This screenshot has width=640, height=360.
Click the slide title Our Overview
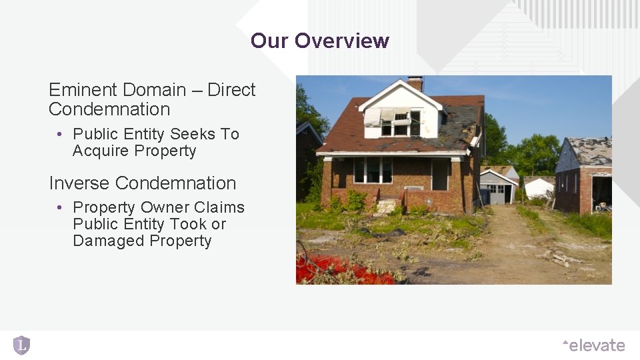coord(320,41)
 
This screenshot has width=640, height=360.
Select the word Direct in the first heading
coord(231,90)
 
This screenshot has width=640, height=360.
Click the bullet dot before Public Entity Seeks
coord(59,134)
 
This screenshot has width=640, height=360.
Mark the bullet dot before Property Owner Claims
coord(59,208)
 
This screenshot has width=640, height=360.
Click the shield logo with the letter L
coord(22,345)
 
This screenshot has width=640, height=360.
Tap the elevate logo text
coord(595,345)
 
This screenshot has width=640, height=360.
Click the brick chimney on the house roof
coord(415,83)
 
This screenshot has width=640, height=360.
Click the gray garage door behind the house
coord(497,193)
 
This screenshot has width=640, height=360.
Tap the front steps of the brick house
coord(387,207)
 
